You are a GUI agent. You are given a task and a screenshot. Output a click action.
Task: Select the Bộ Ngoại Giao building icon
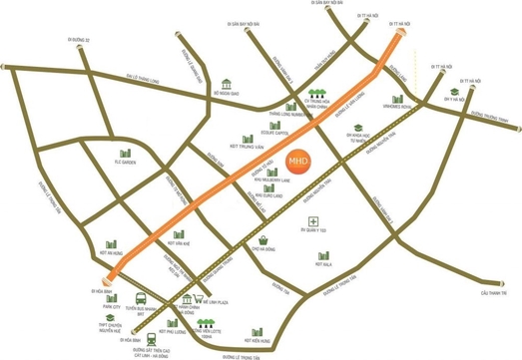(227, 83)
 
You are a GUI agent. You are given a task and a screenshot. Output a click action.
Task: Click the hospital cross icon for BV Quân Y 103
(313, 220)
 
